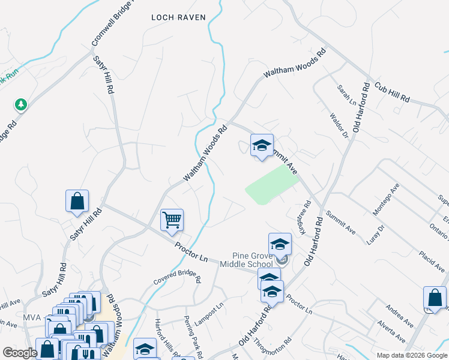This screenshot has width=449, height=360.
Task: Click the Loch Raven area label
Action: [178, 17]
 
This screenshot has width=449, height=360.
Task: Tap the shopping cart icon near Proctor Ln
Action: [172, 220]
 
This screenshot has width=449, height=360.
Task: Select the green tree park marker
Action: [22, 105]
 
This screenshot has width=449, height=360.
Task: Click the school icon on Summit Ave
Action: [262, 145]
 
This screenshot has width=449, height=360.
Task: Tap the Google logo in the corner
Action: [20, 353]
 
